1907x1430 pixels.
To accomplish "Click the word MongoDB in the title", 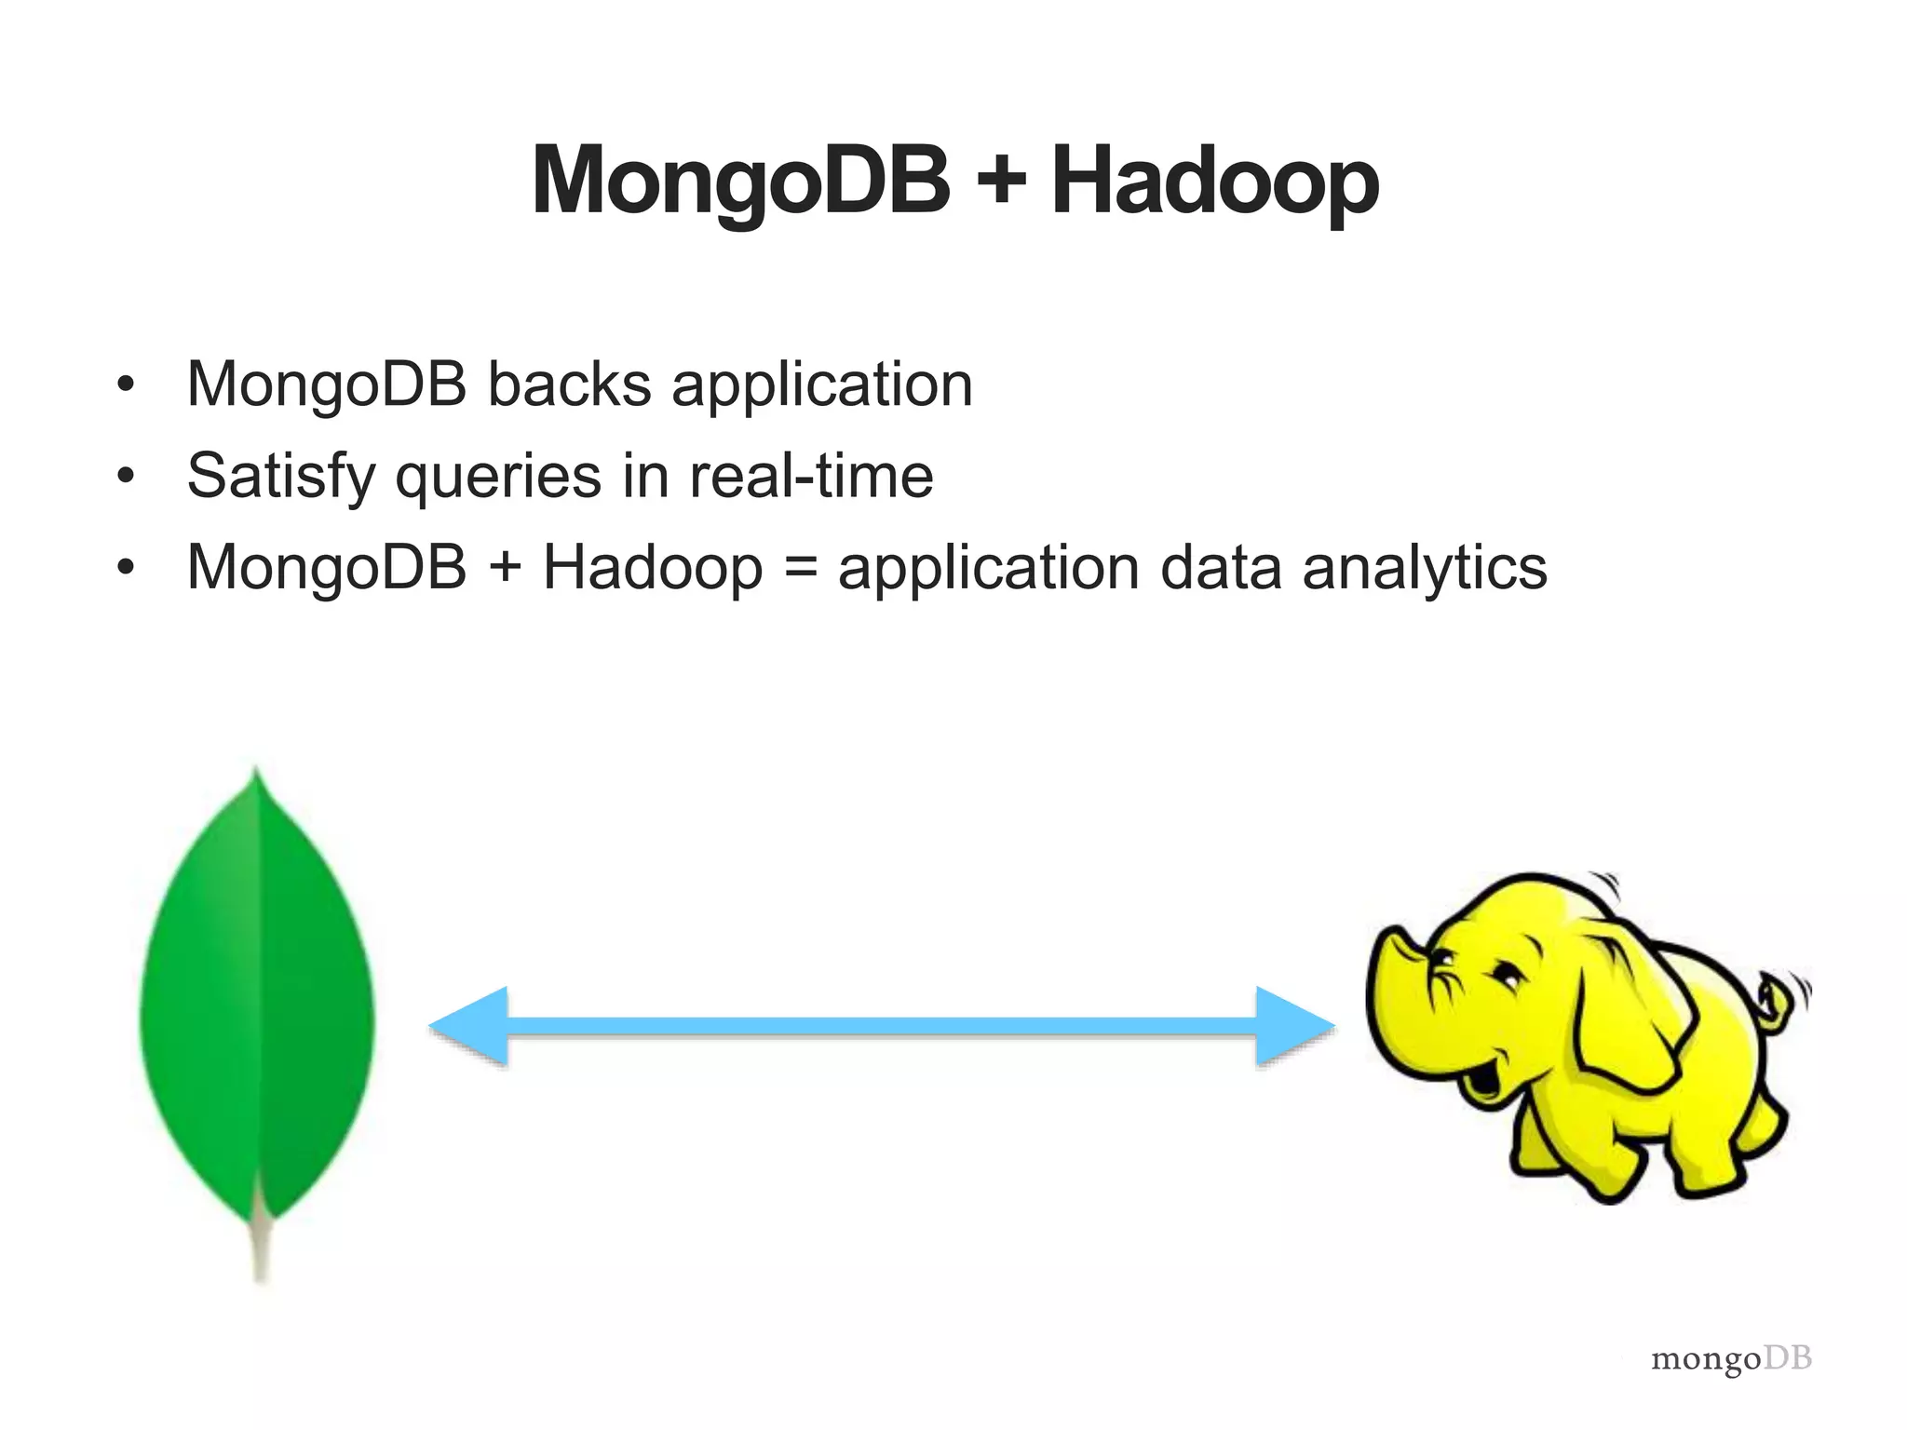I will coord(740,182).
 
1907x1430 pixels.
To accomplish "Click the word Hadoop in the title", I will coord(1214,182).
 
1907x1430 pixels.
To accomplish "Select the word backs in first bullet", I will coord(569,384).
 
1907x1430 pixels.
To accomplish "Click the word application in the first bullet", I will coord(822,386).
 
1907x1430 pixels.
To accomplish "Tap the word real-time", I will coord(811,476).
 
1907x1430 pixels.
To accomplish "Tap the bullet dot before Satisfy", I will coord(126,477).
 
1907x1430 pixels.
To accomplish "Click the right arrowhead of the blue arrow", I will coord(1294,1026).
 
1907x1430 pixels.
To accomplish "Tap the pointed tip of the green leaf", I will coord(256,777).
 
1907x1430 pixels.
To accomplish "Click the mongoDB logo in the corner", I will coord(1731,1358).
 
